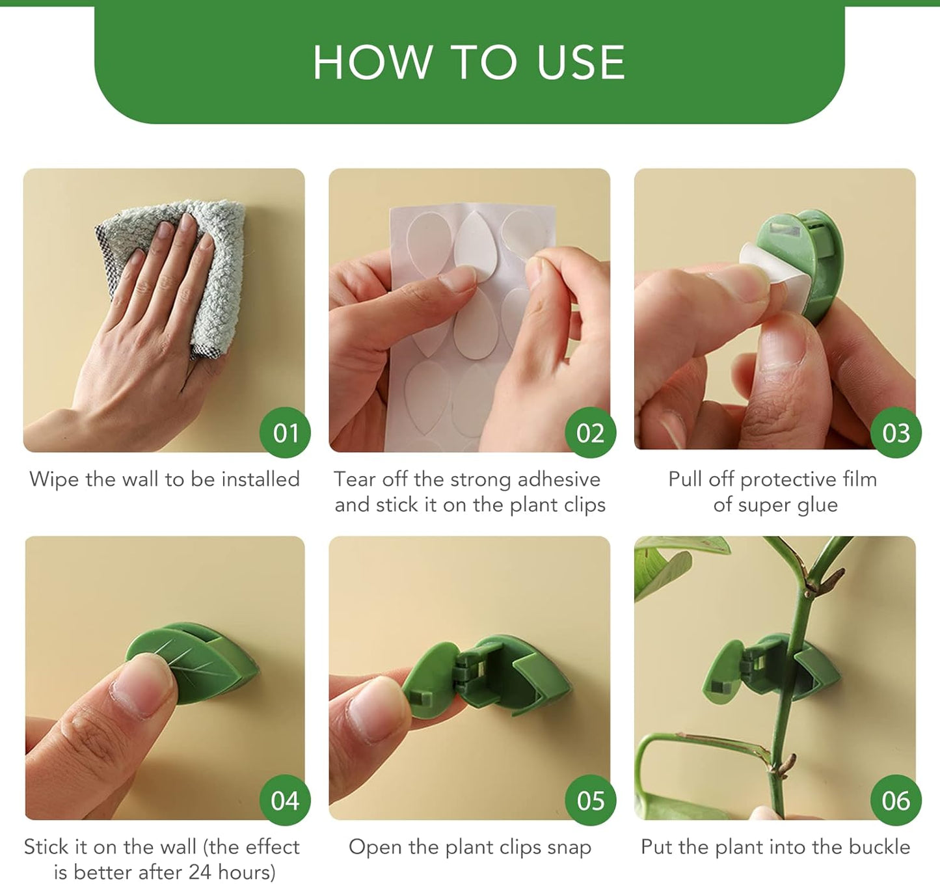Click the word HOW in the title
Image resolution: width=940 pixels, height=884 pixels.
click(x=372, y=62)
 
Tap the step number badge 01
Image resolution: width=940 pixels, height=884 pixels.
click(x=285, y=433)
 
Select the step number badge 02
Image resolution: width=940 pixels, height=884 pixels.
click(x=590, y=433)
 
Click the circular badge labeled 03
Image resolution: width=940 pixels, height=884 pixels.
click(x=896, y=433)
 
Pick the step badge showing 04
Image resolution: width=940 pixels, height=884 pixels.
click(x=285, y=800)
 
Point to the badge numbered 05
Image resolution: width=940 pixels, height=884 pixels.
click(x=590, y=800)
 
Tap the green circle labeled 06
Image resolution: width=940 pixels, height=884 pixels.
click(x=896, y=800)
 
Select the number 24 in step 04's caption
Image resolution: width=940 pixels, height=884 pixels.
click(x=200, y=872)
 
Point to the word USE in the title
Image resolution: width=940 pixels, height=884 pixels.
click(x=580, y=62)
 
